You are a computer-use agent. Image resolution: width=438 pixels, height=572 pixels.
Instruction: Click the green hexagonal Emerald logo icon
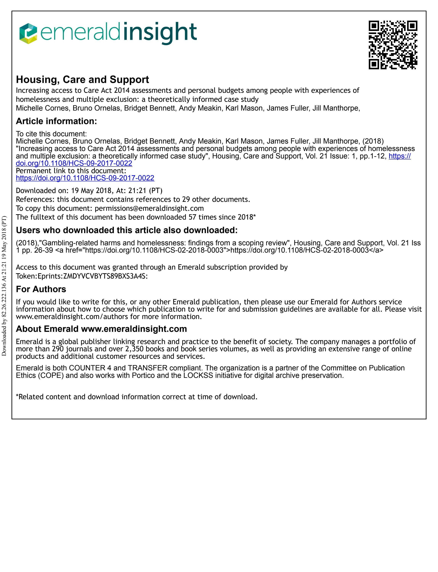[28, 33]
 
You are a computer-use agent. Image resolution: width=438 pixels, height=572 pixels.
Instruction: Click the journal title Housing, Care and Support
[82, 80]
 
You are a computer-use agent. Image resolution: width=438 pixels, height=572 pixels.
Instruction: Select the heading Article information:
[56, 121]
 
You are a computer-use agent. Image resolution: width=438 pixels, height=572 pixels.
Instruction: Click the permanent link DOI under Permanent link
[85, 178]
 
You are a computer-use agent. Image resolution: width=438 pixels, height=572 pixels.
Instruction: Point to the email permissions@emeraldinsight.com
[149, 208]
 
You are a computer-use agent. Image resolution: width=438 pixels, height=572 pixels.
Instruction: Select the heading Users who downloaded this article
[127, 230]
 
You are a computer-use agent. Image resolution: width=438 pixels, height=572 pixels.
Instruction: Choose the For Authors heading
[41, 289]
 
